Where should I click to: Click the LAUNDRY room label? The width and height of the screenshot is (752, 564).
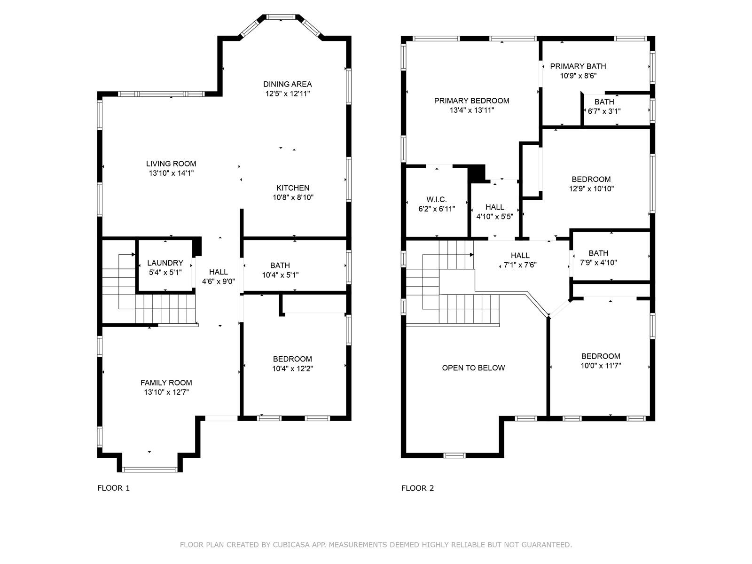click(x=165, y=263)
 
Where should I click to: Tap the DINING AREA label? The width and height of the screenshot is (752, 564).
click(x=288, y=84)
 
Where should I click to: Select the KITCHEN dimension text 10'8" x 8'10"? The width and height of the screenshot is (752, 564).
click(x=293, y=197)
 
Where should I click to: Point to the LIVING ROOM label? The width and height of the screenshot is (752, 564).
click(x=171, y=164)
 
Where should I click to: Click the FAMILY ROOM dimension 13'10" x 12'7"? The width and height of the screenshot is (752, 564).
click(x=166, y=392)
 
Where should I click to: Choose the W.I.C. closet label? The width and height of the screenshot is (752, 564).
click(x=437, y=199)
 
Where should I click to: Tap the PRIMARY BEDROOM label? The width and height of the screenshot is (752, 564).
click(x=471, y=101)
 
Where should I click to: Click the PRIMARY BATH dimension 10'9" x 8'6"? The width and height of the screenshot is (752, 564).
click(x=578, y=76)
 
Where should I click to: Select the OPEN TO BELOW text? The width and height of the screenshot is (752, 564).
click(x=473, y=368)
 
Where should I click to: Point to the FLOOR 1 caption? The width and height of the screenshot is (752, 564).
click(x=113, y=488)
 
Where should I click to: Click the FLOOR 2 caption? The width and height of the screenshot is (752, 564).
click(x=418, y=488)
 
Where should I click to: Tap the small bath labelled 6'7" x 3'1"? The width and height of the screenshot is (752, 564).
click(x=604, y=102)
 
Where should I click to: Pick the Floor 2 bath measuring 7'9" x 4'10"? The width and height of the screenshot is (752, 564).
click(x=598, y=253)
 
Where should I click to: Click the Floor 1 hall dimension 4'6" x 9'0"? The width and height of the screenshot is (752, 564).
click(x=218, y=282)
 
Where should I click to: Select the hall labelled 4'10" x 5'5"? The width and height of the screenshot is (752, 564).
click(x=495, y=207)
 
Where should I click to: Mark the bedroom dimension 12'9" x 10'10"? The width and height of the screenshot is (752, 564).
click(x=591, y=188)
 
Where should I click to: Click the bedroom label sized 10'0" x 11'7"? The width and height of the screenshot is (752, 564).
click(x=601, y=356)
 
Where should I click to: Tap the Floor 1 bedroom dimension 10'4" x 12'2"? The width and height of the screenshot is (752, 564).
click(x=293, y=368)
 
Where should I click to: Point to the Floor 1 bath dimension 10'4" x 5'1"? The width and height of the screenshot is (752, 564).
click(x=280, y=274)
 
